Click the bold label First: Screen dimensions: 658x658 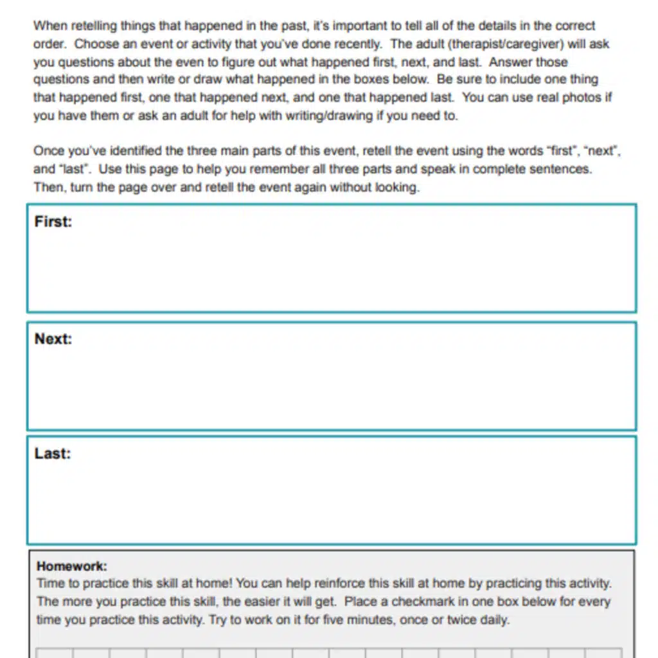(53, 222)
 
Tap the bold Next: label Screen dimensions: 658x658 (53, 339)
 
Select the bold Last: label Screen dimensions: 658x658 (53, 453)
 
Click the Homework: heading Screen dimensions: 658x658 (72, 566)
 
